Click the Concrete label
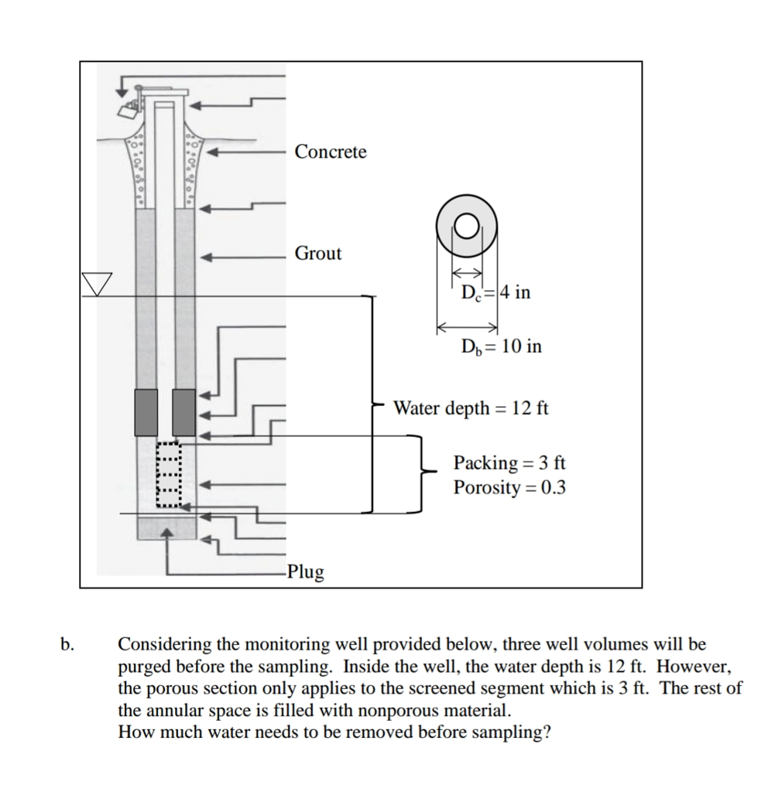pos(331,152)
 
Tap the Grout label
pos(317,254)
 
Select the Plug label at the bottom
pos(305,572)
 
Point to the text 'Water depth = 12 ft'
pos(471,408)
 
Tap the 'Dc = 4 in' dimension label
pos(495,293)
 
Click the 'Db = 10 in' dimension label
pos(501,346)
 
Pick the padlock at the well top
pos(125,109)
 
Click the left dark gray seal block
pos(146,412)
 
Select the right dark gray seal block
pos(183,412)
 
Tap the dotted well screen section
pos(169,474)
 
